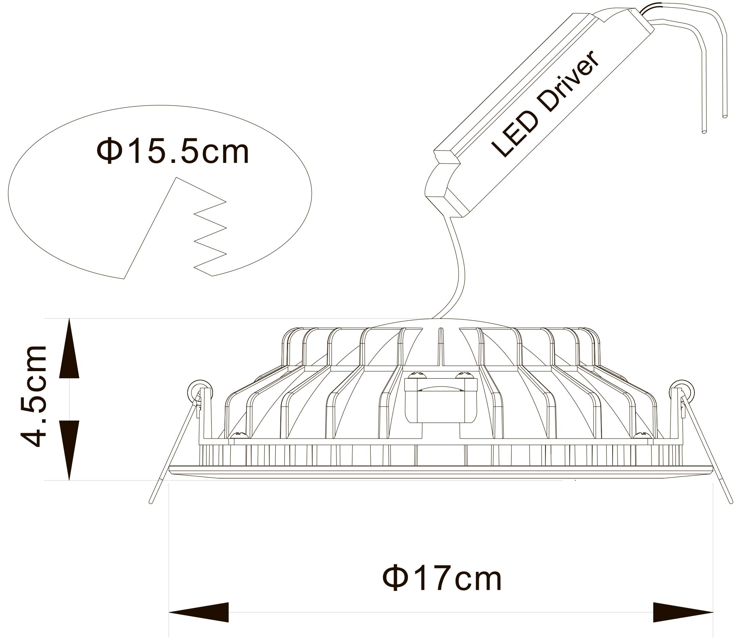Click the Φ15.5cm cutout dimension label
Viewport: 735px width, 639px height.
[172, 151]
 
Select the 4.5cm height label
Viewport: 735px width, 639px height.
[34, 396]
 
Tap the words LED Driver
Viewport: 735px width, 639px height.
[545, 103]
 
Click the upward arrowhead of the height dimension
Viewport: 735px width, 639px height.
[69, 348]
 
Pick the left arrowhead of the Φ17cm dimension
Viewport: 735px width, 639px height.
[199, 612]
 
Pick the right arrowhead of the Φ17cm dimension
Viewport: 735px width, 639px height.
[683, 612]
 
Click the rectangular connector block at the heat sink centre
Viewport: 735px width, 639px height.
[441, 400]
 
